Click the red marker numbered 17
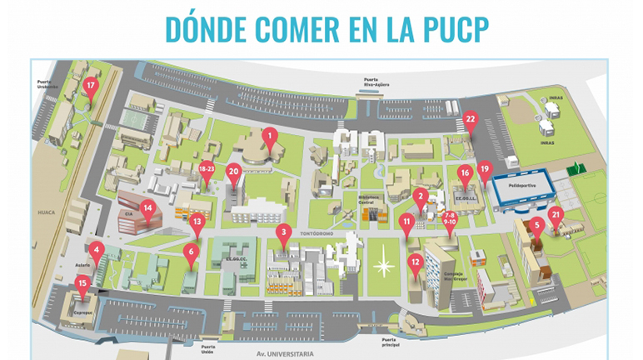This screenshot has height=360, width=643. (x=91, y=85)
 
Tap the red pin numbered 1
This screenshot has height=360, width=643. (x=269, y=133)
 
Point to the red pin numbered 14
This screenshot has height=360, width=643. (x=147, y=209)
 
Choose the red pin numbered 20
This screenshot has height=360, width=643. (x=234, y=172)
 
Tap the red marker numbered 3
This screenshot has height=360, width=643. (x=284, y=232)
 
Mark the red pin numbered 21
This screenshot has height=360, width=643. (x=556, y=216)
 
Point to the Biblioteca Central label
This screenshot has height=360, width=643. (x=372, y=201)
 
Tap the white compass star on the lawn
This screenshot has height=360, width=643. (x=384, y=267)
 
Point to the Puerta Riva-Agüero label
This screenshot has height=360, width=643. (x=371, y=82)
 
